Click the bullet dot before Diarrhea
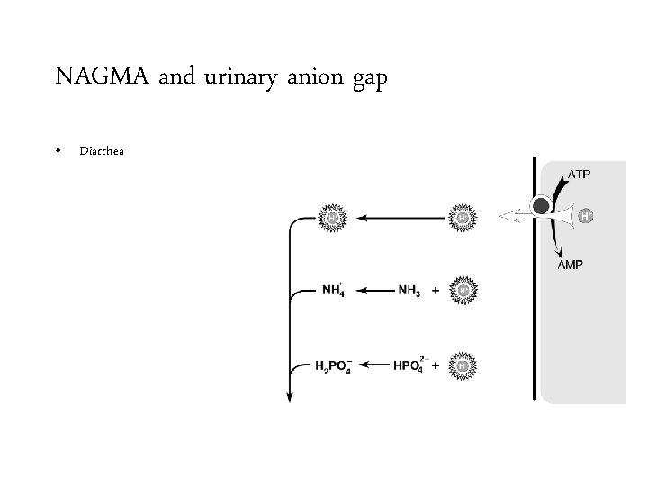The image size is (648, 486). pos(59,150)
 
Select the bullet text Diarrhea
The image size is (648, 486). pos(101,150)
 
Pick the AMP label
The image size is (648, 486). pos(570,265)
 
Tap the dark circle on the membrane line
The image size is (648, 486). pos(541,206)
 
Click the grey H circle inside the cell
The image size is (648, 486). pos(585,216)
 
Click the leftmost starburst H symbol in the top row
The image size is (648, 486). pos(331,217)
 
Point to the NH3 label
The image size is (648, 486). pos(410,291)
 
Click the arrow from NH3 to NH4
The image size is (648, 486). pos(376,291)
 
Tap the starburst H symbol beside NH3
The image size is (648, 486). pos(463,290)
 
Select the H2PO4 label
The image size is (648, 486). pos(336,365)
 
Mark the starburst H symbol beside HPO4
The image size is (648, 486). pos(463,365)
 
